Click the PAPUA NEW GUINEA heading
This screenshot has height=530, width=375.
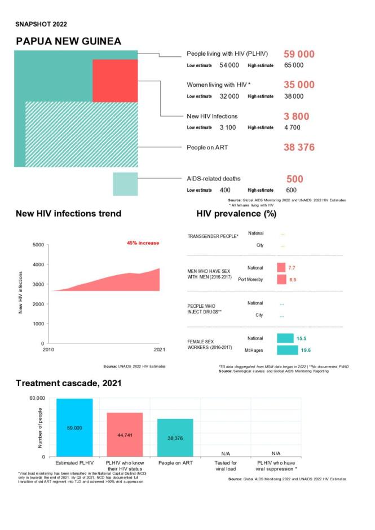[68, 42]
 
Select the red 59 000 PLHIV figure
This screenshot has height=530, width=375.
[298, 54]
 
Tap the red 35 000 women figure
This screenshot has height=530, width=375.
[298, 85]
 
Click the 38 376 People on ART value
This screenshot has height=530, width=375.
[298, 147]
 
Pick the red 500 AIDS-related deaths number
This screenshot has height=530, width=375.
[295, 179]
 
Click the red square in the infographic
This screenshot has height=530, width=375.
[114, 80]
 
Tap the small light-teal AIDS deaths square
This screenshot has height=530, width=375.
[125, 184]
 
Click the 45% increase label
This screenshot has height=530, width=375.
[143, 243]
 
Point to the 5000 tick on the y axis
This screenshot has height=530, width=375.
[37, 245]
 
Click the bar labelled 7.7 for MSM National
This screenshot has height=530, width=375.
[281, 268]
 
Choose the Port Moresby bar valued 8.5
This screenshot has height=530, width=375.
[281, 280]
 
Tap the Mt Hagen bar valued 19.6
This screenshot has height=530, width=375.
[287, 350]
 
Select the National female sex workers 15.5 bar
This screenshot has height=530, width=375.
[285, 338]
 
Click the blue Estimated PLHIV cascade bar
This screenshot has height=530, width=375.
[74, 427]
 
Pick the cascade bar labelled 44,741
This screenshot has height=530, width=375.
[125, 435]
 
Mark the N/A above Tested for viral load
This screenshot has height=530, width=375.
[226, 453]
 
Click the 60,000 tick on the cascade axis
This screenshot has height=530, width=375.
[37, 398]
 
